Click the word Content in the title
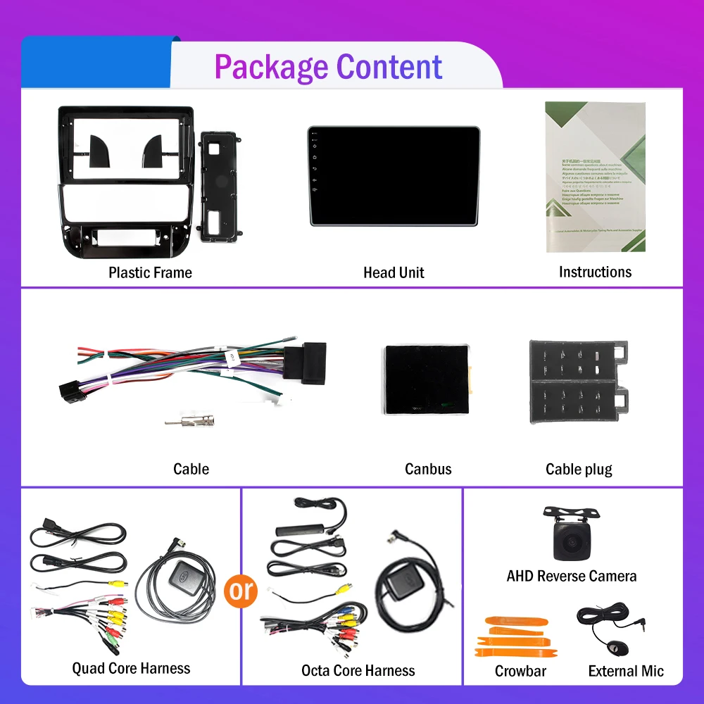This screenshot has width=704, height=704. pyautogui.click(x=389, y=68)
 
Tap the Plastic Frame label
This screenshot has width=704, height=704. pyautogui.click(x=150, y=272)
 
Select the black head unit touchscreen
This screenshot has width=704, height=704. pyautogui.click(x=394, y=176)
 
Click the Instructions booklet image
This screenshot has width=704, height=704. pyautogui.click(x=595, y=177)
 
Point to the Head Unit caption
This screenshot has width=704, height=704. pyautogui.click(x=394, y=272)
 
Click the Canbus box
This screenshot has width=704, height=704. pyautogui.click(x=427, y=380)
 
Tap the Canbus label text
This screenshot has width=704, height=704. pyautogui.click(x=428, y=469)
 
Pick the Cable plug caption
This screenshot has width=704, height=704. pyautogui.click(x=579, y=469)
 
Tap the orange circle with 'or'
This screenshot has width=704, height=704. pyautogui.click(x=241, y=590)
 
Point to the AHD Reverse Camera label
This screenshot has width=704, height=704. pyautogui.click(x=571, y=576)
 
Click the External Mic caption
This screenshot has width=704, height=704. pyautogui.click(x=626, y=671)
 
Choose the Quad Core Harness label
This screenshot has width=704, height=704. pyautogui.click(x=131, y=668)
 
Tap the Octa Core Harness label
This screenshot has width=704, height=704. pyautogui.click(x=358, y=671)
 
